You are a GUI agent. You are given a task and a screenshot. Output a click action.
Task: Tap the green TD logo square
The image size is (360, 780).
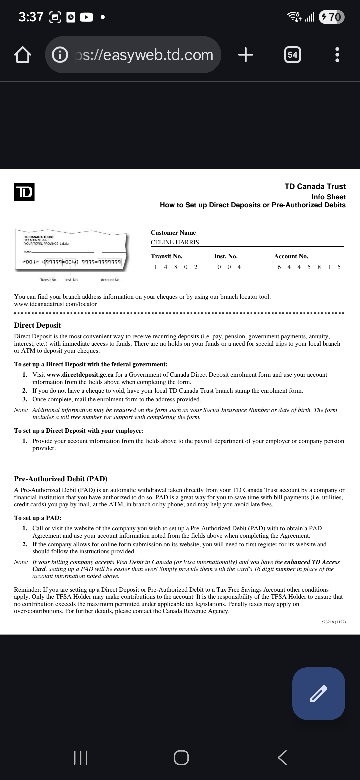click(24, 192)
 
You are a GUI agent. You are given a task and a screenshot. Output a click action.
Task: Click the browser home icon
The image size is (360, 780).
click(22, 55)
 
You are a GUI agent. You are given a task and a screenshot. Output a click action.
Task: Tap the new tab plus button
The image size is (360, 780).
click(246, 55)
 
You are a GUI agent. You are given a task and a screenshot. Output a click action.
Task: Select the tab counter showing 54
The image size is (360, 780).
click(292, 55)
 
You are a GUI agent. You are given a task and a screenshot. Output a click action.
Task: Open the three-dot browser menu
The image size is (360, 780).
click(337, 55)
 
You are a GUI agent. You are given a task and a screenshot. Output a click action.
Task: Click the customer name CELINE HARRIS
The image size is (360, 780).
click(175, 242)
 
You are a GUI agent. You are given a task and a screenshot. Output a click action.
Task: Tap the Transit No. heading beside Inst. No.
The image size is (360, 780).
click(166, 256)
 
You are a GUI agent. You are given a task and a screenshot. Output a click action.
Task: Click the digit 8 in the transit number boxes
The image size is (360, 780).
click(176, 267)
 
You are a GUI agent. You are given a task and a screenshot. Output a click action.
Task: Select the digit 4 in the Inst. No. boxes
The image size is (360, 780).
click(239, 267)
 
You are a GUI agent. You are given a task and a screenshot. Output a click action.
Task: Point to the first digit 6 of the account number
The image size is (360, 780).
click(279, 267)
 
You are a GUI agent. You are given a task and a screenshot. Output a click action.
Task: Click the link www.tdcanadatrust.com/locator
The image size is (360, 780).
click(55, 304)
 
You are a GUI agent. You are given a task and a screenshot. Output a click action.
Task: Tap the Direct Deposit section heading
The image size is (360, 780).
click(37, 325)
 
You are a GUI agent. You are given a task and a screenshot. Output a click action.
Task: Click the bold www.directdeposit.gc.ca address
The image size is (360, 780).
click(80, 375)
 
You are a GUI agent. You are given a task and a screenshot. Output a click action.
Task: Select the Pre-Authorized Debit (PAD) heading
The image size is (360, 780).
click(61, 479)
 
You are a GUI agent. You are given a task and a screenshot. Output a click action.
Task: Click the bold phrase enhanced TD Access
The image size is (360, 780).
click(312, 562)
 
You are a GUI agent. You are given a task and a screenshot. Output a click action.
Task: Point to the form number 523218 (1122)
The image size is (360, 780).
click(333, 622)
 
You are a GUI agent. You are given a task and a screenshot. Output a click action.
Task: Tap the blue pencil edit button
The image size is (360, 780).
click(318, 694)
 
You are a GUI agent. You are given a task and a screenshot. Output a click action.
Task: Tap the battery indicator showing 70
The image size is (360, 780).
click(331, 17)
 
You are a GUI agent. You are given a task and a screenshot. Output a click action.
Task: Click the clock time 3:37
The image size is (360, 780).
click(31, 17)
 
